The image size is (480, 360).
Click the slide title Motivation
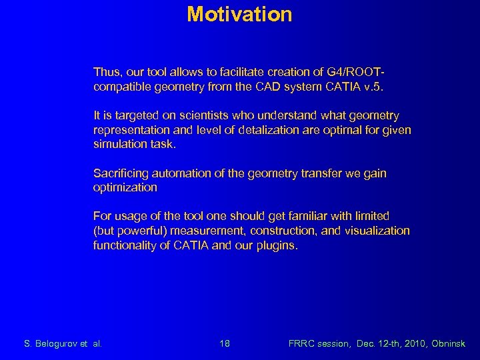[239, 14]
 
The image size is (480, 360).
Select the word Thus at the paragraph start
[105, 71]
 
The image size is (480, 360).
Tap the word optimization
[125, 187]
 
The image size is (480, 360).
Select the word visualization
[378, 231]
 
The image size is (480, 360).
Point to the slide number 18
[225, 344]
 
